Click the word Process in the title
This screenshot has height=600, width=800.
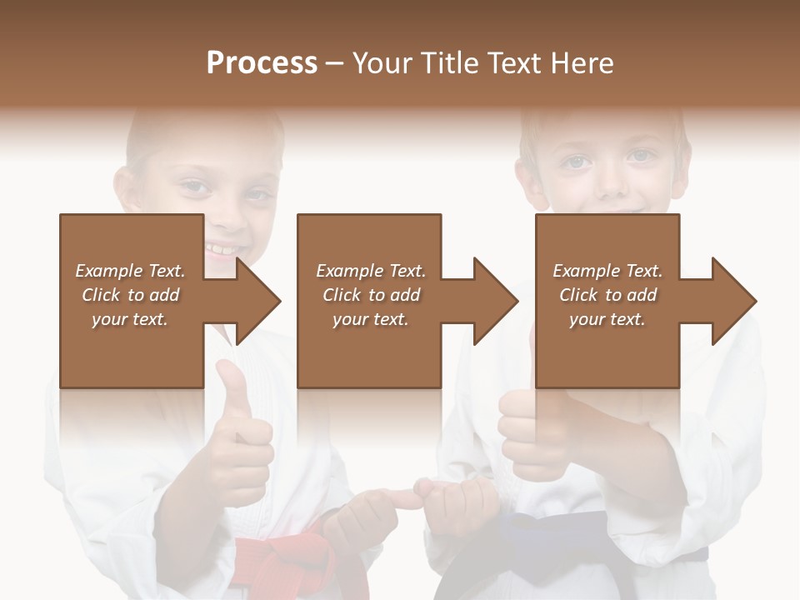click(x=262, y=63)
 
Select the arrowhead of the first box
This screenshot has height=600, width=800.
click(x=257, y=301)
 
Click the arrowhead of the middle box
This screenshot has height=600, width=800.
click(x=495, y=301)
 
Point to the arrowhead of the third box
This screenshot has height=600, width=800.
click(x=733, y=301)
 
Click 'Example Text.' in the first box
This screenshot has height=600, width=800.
click(x=130, y=271)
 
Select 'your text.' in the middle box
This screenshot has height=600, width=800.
click(x=370, y=319)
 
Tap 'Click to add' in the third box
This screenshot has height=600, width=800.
click(x=607, y=295)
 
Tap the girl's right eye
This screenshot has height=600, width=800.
click(x=197, y=188)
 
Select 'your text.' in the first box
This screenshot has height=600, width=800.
click(x=130, y=319)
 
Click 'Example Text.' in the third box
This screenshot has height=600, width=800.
click(x=607, y=271)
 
